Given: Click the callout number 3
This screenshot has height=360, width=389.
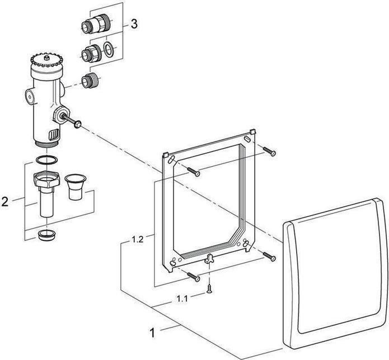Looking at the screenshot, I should coord(134,24).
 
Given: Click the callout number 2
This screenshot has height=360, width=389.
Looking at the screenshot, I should coord(5,201).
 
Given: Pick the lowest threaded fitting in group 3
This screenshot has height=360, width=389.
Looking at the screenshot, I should coord(90,81).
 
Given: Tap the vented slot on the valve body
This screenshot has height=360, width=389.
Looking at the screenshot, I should coord(53,135).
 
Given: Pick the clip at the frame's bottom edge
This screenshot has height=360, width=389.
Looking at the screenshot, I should coord(210,258).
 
